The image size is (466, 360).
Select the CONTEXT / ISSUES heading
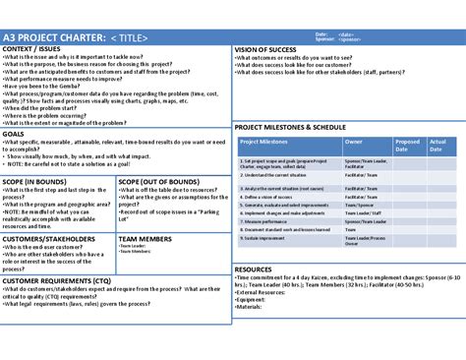37,48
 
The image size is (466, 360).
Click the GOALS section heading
15,133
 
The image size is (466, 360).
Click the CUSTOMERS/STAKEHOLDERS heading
49,239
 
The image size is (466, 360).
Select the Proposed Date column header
407,147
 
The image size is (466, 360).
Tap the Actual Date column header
438,147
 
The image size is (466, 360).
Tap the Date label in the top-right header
320,34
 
